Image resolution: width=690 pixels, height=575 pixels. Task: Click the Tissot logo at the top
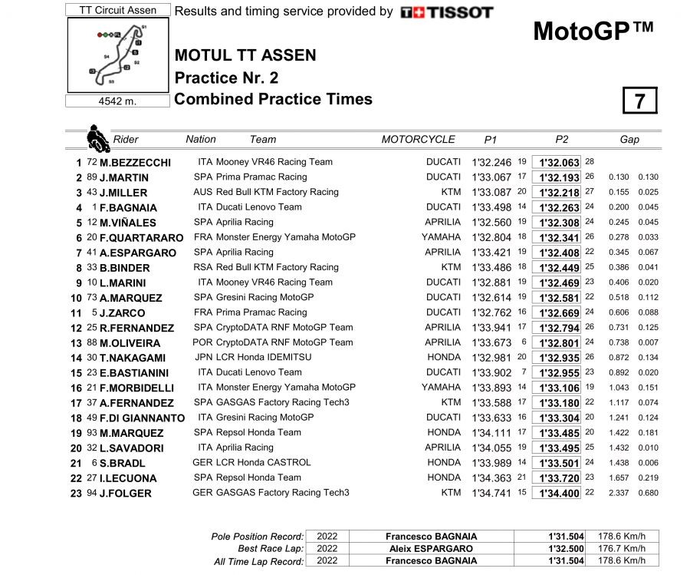tap(447, 12)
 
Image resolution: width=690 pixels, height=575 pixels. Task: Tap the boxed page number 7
tap(640, 101)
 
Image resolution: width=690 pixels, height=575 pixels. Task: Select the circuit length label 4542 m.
tap(117, 101)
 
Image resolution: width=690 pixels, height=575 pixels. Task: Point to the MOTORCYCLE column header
tap(418, 140)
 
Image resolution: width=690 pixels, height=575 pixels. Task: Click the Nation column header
tap(201, 139)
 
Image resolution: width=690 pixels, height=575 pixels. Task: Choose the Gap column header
tap(629, 140)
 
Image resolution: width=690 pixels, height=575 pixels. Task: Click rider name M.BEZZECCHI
tap(135, 163)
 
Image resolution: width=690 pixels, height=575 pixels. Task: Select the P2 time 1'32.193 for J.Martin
tap(559, 177)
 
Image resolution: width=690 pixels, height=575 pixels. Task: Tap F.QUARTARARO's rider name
tap(142, 238)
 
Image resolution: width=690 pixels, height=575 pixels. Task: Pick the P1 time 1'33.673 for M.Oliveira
tap(491, 342)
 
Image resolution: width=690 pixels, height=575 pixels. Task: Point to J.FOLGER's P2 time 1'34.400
tap(559, 493)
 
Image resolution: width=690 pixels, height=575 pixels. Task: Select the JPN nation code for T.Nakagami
tap(203, 357)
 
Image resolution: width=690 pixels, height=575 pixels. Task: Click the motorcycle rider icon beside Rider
tap(97, 139)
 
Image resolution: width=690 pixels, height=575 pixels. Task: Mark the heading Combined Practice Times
tap(274, 99)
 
